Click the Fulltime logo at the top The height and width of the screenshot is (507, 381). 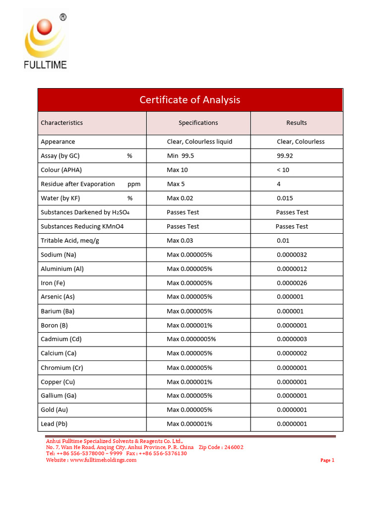click(45, 42)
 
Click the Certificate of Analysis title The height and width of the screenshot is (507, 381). click(190, 100)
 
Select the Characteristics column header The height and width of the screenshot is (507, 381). click(62, 123)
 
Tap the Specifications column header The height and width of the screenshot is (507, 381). click(198, 123)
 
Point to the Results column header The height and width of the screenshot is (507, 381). click(296, 123)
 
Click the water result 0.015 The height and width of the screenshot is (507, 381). click(285, 198)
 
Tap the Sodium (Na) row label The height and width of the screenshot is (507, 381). click(58, 254)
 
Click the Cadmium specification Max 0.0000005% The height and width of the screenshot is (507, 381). click(191, 339)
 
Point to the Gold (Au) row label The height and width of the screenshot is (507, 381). click(55, 409)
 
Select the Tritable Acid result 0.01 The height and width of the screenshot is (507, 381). click(283, 241)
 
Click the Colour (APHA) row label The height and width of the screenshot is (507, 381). click(61, 170)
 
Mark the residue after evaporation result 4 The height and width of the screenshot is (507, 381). click(279, 184)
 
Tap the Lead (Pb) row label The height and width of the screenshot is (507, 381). click(55, 424)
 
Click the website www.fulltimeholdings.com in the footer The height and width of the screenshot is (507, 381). click(103, 460)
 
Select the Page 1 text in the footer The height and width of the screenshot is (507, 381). click(327, 460)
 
